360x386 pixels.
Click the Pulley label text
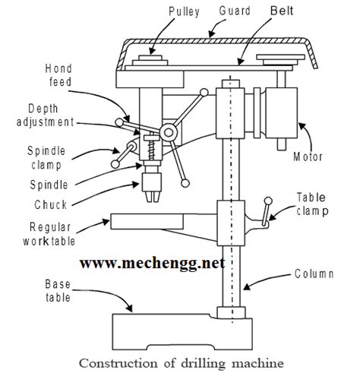(184, 11)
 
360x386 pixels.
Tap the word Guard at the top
(235, 11)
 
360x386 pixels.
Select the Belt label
(282, 11)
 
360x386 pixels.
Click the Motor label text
(308, 157)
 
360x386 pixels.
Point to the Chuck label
(51, 204)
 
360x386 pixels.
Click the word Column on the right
(314, 274)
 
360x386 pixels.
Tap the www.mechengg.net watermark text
(153, 263)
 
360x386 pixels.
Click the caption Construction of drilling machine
(182, 364)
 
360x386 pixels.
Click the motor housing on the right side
(281, 112)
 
